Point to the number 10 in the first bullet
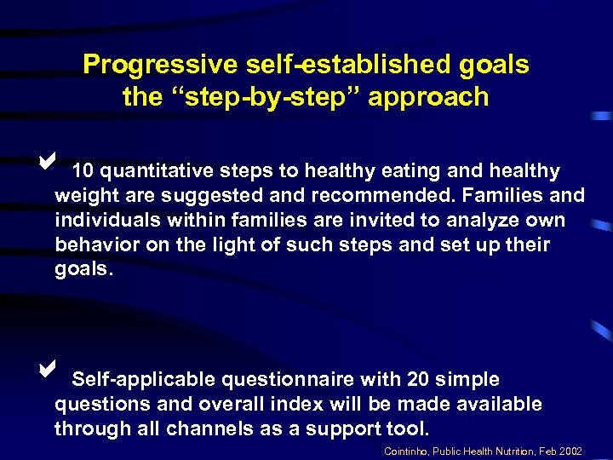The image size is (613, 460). coord(83,171)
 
